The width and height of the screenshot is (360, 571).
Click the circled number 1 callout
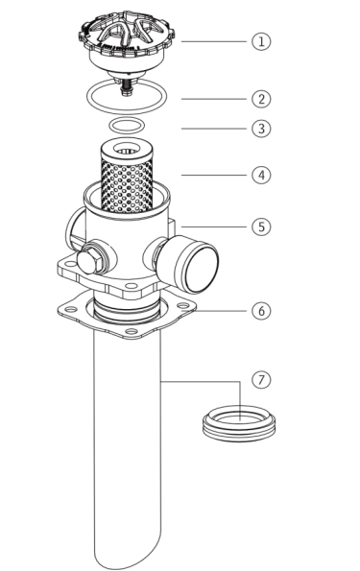(x=261, y=41)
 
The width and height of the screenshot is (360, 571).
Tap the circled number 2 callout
(x=261, y=99)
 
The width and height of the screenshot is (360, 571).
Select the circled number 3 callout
(x=261, y=129)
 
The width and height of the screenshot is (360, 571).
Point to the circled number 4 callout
(x=261, y=176)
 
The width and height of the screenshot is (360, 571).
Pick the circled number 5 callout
(x=261, y=226)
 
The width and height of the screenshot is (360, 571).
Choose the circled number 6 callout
(x=261, y=311)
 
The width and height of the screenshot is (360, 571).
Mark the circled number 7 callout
(x=261, y=380)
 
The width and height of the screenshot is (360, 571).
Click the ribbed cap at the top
(x=127, y=40)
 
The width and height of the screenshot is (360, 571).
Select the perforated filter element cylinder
(x=127, y=176)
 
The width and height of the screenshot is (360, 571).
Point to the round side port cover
(x=197, y=264)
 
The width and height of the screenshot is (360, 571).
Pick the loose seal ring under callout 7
(x=239, y=423)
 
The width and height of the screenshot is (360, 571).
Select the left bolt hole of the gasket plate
(x=71, y=310)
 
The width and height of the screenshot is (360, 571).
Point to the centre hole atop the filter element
(x=127, y=150)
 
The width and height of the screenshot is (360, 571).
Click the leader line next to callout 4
(x=214, y=176)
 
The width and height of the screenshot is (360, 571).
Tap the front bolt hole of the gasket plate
(x=132, y=331)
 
